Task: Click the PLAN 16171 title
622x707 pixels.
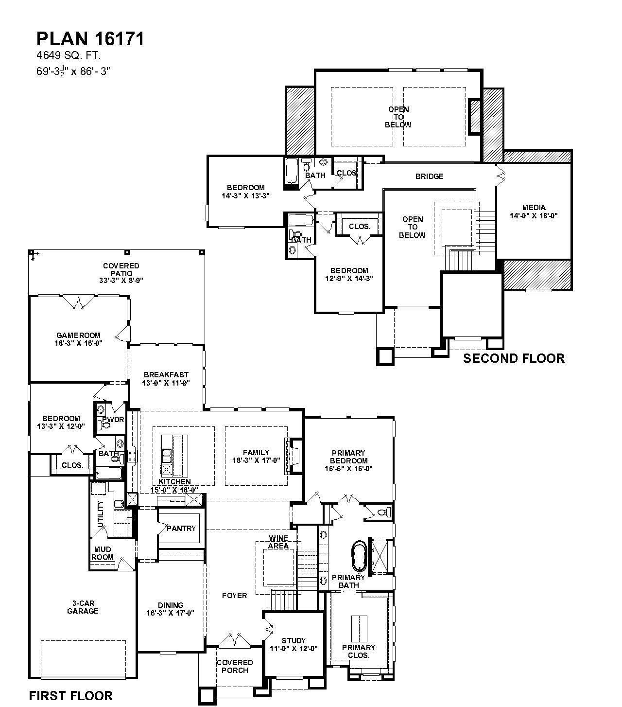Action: pos(90,39)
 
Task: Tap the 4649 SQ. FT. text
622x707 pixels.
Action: pos(69,55)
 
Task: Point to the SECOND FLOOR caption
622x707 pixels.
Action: pos(514,358)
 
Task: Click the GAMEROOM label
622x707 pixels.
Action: pos(79,336)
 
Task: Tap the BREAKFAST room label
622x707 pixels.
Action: pos(166,375)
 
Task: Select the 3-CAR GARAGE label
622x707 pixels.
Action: pos(83,607)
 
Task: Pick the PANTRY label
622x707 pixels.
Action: pos(181,529)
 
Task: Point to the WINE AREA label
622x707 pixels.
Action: pos(278,542)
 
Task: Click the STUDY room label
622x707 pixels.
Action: pos(294,641)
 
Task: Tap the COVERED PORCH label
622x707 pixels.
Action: pos(235,666)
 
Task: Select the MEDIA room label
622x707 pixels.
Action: pos(534,207)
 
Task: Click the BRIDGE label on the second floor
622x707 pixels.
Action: pos(430,176)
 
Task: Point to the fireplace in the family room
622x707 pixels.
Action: pos(294,456)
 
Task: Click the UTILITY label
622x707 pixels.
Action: pos(101,514)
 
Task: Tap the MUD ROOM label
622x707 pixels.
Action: pos(103,553)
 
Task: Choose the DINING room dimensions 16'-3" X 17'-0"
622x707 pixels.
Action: pos(170,613)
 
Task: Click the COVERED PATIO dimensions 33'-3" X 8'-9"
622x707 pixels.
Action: pos(121,280)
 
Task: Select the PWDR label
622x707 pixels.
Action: pos(113,419)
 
